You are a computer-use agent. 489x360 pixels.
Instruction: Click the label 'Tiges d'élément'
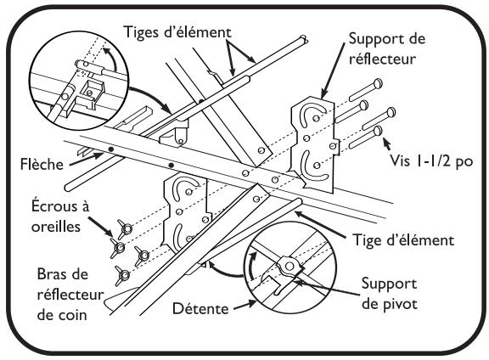pyautogui.click(x=177, y=32)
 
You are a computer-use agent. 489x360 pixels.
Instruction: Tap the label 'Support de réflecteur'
pyautogui.click(x=387, y=48)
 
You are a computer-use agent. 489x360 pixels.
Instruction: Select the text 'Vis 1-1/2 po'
pyautogui.click(x=431, y=161)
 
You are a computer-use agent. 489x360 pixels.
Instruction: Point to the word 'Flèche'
pyautogui.click(x=42, y=164)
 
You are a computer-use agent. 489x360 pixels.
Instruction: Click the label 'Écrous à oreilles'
pyautogui.click(x=60, y=217)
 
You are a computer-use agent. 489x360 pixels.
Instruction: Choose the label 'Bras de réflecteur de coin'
pyautogui.click(x=70, y=294)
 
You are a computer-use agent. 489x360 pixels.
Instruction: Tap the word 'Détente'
pyautogui.click(x=200, y=308)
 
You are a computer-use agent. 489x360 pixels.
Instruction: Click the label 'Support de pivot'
pyautogui.click(x=389, y=294)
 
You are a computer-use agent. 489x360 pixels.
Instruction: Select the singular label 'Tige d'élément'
pyautogui.click(x=403, y=240)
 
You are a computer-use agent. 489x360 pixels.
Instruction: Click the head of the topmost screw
pyautogui.click(x=378, y=83)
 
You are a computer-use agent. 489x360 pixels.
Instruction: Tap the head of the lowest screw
pyautogui.click(x=378, y=131)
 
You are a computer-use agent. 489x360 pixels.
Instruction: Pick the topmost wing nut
pyautogui.click(x=126, y=229)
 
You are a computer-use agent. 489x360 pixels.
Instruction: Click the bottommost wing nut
pyautogui.click(x=122, y=275)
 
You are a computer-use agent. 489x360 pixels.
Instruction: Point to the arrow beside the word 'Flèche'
pyautogui.click(x=86, y=159)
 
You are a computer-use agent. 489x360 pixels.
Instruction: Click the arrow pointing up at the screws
pyautogui.click(x=387, y=144)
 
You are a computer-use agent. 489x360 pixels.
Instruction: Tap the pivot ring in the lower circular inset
pyautogui.click(x=289, y=266)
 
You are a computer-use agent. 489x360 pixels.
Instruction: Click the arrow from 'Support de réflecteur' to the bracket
pyautogui.click(x=333, y=70)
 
